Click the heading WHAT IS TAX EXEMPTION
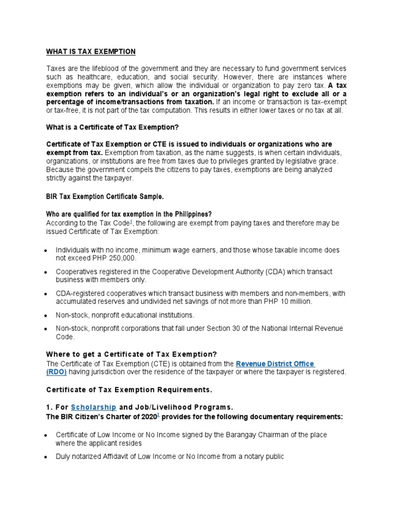coord(91,52)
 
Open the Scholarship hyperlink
coord(94,407)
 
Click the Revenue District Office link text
coord(275,364)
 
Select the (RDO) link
coord(56,372)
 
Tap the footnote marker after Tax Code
coord(132,223)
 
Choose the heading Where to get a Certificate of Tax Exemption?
coord(132,354)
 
